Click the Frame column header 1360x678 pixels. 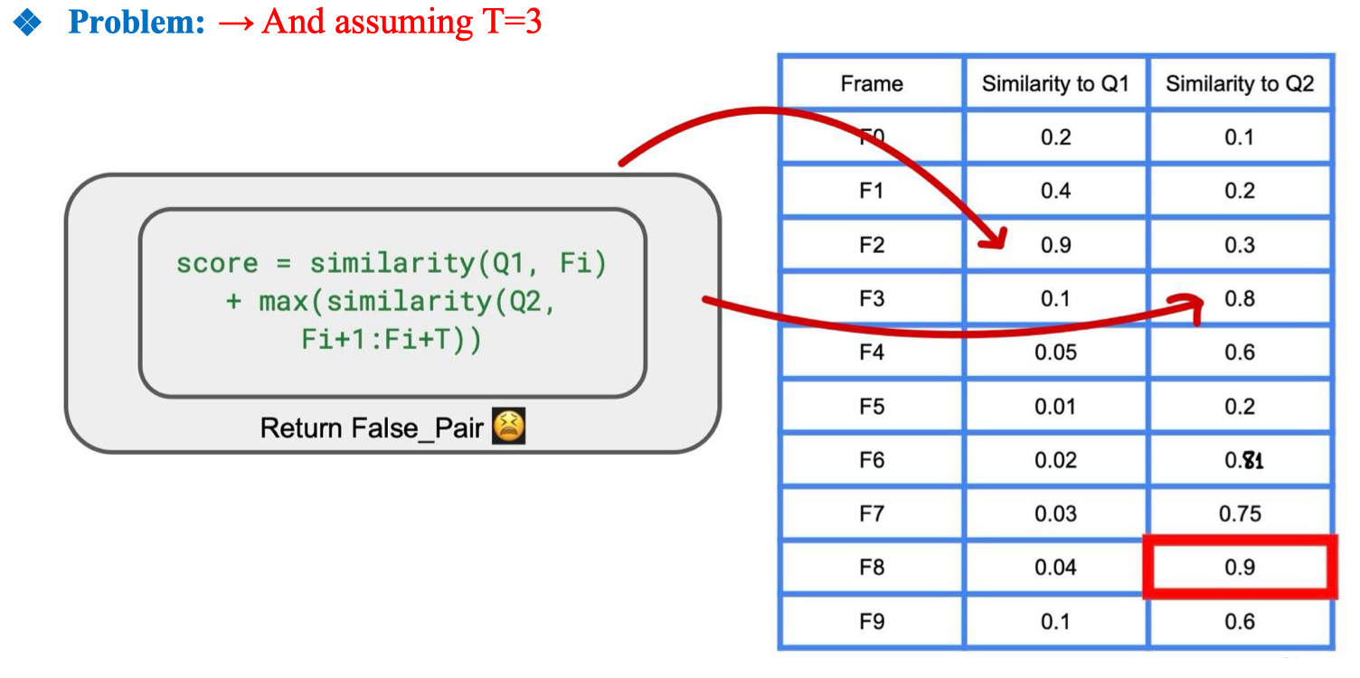(872, 84)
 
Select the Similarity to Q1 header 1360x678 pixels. (1055, 84)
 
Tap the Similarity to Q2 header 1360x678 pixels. (1239, 84)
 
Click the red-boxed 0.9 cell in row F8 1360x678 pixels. (1239, 568)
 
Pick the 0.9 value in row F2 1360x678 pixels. (1055, 245)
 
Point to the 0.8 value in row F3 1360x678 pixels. (1240, 298)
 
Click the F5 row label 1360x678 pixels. (872, 406)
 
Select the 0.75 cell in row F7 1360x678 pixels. (1239, 513)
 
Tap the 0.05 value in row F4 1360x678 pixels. (1055, 353)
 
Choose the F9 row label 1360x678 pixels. (872, 622)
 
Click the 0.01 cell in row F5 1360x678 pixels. (1055, 406)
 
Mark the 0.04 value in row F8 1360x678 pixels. (1055, 568)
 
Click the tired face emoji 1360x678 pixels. (508, 426)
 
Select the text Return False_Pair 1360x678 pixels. (372, 427)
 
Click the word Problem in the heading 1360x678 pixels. (137, 22)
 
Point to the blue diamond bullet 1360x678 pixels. (29, 24)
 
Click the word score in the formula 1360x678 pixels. (216, 264)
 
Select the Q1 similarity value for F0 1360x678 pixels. (1055, 137)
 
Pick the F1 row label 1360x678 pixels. (872, 191)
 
